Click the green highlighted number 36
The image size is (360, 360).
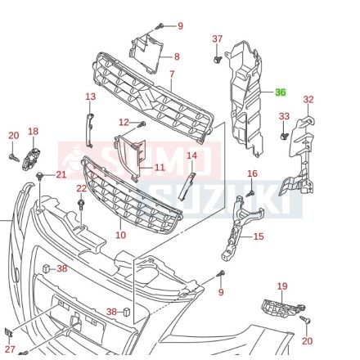point(281,92)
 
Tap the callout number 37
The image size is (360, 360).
point(218,39)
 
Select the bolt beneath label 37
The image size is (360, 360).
point(217,59)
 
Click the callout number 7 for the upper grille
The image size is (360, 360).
point(172,74)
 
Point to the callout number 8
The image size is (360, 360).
point(177,56)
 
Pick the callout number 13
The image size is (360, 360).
point(91,97)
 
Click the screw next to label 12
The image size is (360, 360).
point(142,125)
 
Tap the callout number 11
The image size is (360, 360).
point(160,167)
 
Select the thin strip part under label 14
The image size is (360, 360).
point(187,186)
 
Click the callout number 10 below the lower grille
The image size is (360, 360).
point(120,235)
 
